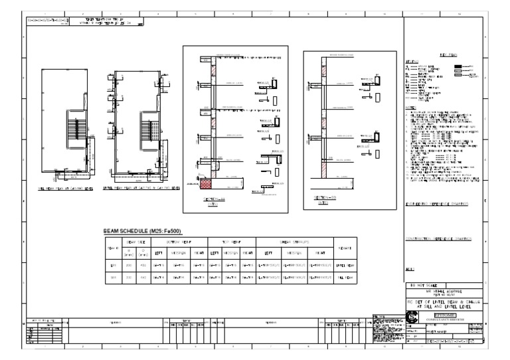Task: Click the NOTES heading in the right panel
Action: point(411,107)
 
